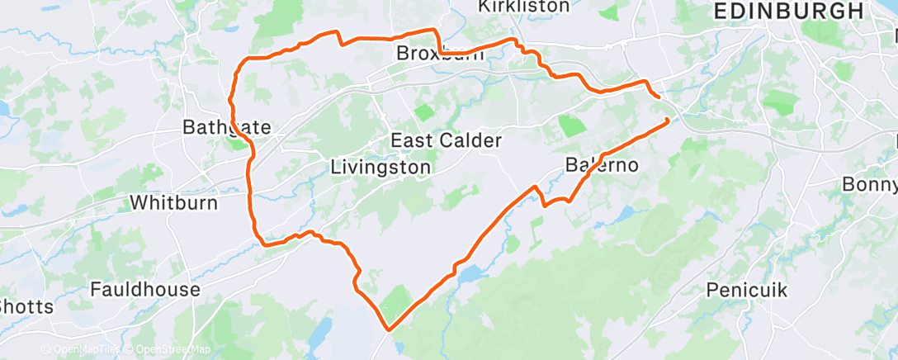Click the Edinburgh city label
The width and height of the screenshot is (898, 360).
point(787,11)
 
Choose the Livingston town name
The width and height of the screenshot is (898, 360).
point(380,168)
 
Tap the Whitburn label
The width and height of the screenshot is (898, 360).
point(173,203)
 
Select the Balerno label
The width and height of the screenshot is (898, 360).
point(602,165)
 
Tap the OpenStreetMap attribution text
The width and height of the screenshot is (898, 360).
point(169,350)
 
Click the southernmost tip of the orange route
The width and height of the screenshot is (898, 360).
point(388,329)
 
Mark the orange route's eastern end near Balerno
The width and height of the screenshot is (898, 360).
point(667,121)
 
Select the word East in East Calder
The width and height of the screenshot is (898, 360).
point(409,141)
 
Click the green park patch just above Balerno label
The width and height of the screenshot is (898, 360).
point(570,126)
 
